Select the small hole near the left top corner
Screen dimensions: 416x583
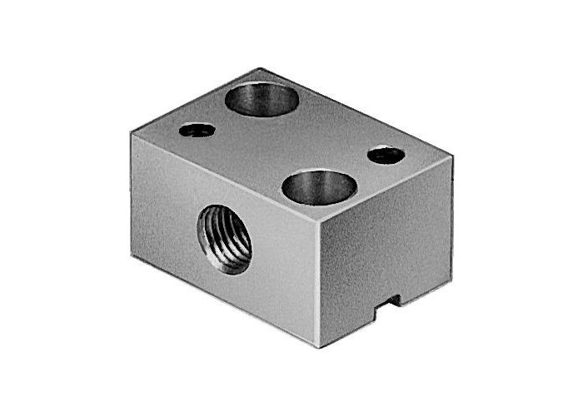[197, 130]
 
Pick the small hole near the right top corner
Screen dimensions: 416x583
[386, 154]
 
